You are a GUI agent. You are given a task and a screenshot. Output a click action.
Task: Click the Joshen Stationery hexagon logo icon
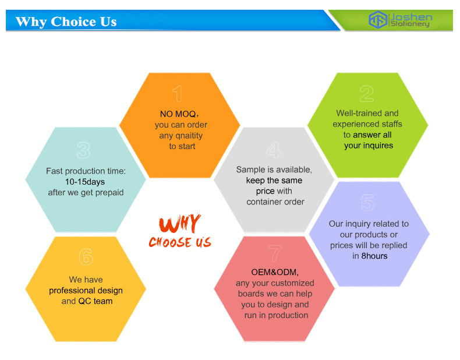click(x=378, y=20)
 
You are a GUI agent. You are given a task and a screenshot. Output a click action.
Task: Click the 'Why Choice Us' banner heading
click(x=66, y=22)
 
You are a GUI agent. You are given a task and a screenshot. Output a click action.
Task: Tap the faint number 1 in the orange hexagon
click(x=178, y=94)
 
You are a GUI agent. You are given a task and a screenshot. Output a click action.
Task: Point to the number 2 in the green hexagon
click(x=367, y=94)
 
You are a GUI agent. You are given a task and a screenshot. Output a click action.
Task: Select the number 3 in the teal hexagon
click(x=84, y=150)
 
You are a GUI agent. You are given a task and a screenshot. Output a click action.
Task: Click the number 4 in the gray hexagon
click(x=274, y=150)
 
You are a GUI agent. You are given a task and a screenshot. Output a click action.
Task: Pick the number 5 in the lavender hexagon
click(x=368, y=203)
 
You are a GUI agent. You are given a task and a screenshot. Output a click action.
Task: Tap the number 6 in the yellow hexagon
click(x=86, y=257)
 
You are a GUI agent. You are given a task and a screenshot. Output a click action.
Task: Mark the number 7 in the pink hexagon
click(x=275, y=253)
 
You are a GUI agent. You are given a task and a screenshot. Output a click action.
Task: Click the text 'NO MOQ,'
click(x=179, y=114)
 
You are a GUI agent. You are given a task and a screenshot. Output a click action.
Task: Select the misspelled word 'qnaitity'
click(x=189, y=136)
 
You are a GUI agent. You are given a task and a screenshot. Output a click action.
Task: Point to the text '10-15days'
click(x=85, y=182)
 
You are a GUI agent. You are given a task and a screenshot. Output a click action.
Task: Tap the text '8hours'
click(x=374, y=256)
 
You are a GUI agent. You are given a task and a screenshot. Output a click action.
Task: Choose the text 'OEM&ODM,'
click(x=275, y=273)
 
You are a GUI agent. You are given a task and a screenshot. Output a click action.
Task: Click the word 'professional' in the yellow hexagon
click(x=72, y=291)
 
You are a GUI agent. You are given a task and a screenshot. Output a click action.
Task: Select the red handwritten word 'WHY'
click(x=180, y=223)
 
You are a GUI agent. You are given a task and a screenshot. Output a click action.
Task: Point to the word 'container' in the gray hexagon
click(x=262, y=202)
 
